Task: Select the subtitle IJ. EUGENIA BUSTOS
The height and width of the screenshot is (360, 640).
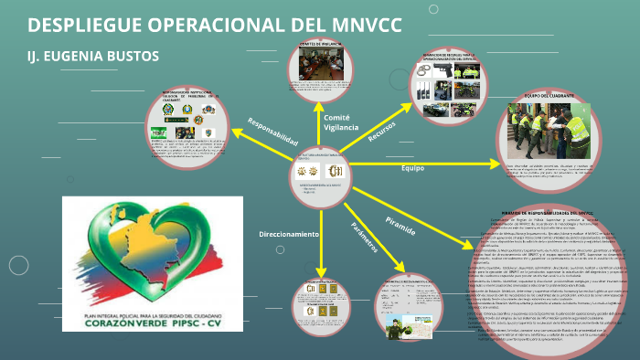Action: pos(93,57)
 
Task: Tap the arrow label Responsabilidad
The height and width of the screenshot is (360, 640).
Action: pos(272,133)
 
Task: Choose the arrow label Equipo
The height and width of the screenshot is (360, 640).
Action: pos(413,169)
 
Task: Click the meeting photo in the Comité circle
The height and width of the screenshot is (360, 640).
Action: pos(321,66)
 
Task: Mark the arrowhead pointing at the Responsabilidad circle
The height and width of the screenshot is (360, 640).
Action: pos(239,137)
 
